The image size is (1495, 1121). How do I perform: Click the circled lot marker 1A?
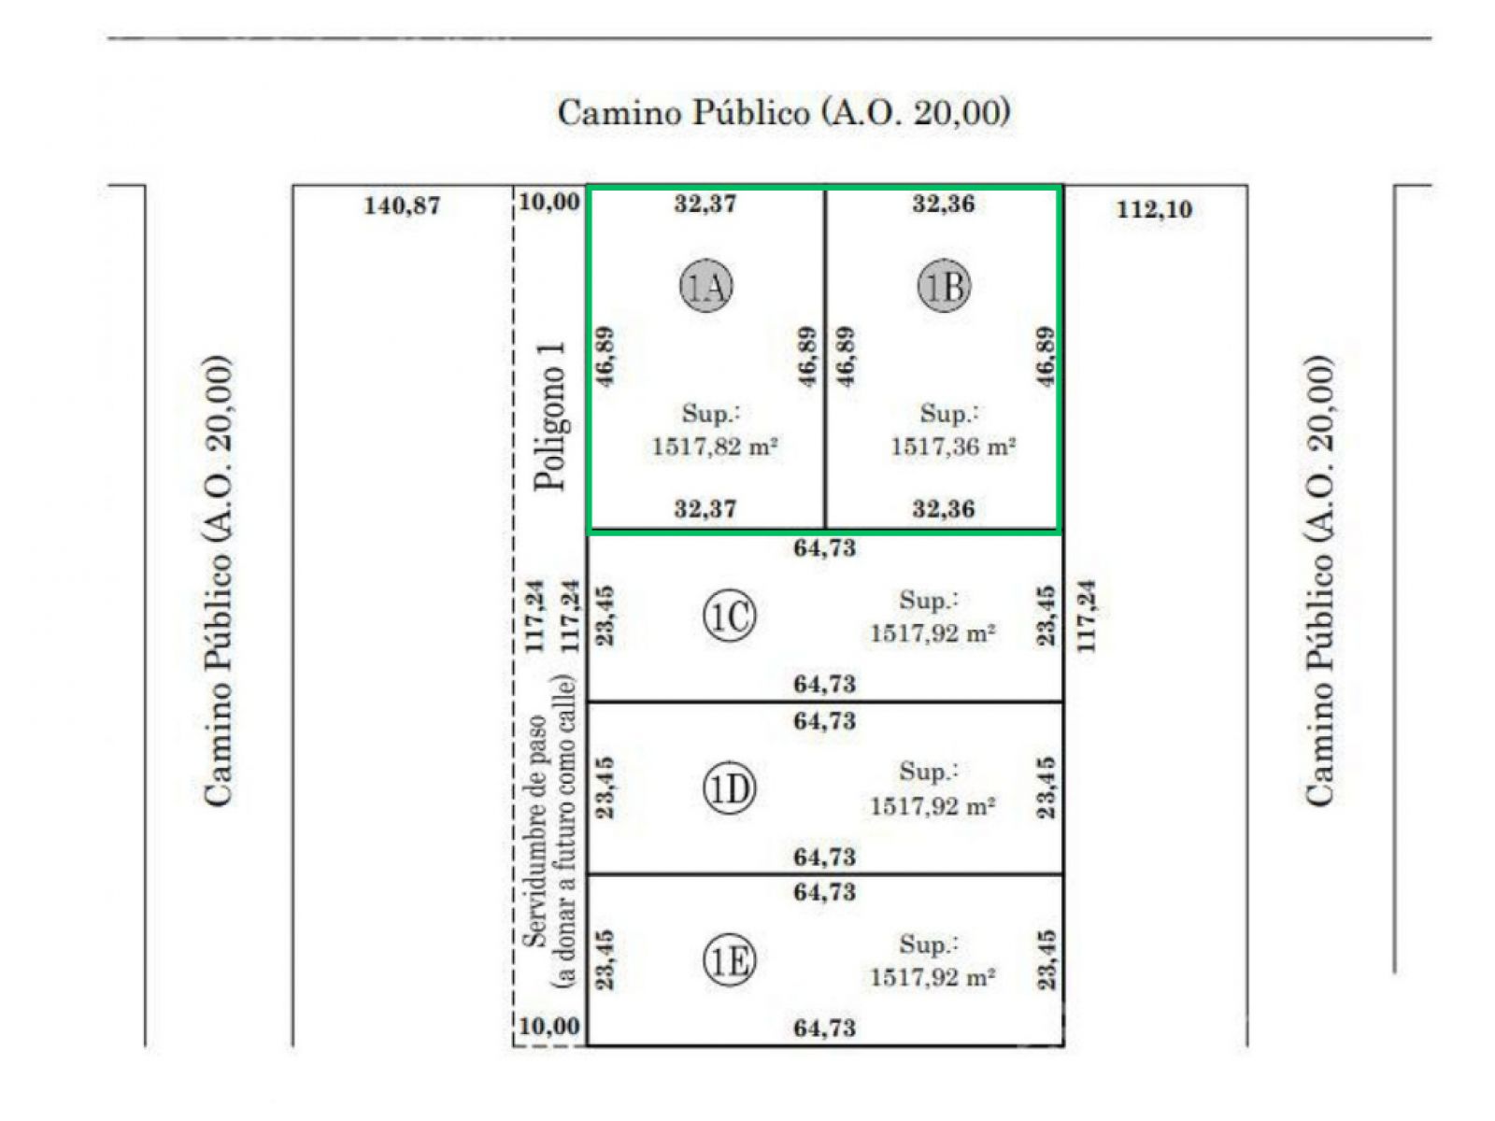(x=705, y=286)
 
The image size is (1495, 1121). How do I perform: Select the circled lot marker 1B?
(x=944, y=286)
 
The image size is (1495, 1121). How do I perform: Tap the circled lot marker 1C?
(x=729, y=617)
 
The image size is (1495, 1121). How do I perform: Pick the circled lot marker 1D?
(x=729, y=788)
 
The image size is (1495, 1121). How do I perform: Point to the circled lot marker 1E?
(x=729, y=961)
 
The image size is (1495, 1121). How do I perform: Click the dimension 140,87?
(x=402, y=206)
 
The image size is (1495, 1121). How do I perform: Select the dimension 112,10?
(x=1155, y=209)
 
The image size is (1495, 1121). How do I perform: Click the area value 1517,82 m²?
(x=715, y=447)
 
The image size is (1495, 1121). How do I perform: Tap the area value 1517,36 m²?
(x=954, y=447)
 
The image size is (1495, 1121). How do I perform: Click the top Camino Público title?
(x=784, y=112)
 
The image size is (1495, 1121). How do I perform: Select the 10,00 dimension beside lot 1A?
(x=549, y=202)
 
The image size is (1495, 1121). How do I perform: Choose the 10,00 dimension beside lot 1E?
(x=549, y=1026)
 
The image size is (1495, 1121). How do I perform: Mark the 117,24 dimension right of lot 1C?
(x=1087, y=616)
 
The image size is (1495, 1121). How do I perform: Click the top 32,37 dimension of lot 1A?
(x=705, y=204)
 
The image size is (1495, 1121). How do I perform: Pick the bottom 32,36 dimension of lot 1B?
(x=944, y=508)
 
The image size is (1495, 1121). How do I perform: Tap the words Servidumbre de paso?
(x=534, y=830)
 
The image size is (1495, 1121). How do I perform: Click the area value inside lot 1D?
(x=933, y=806)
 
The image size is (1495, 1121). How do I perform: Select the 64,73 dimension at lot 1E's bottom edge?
(x=825, y=1028)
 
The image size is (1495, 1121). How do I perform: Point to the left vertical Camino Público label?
(x=219, y=580)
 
